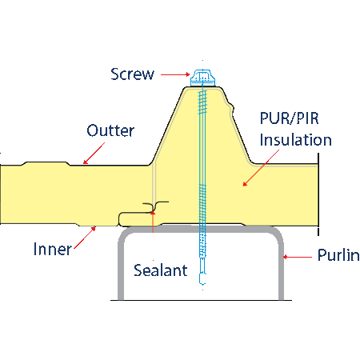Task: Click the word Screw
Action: [x=132, y=74]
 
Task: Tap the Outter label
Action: [x=110, y=130]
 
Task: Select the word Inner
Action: [x=53, y=249]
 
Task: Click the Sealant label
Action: [x=161, y=270]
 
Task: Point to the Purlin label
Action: [x=338, y=255]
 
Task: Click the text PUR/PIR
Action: [x=290, y=118]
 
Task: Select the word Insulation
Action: [x=296, y=140]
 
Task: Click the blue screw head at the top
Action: [x=202, y=78]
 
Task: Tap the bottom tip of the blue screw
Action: [x=202, y=284]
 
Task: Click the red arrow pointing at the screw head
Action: [x=175, y=74]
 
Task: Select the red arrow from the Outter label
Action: [x=94, y=153]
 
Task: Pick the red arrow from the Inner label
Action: [x=85, y=238]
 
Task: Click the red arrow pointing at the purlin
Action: [x=298, y=257]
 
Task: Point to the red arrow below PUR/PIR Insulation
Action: [x=261, y=168]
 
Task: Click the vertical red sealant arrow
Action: [x=153, y=222]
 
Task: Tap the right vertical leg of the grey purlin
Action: [x=281, y=266]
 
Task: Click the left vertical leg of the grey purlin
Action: [x=121, y=266]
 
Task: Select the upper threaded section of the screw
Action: [x=202, y=102]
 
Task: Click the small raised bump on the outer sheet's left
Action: [x=46, y=163]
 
